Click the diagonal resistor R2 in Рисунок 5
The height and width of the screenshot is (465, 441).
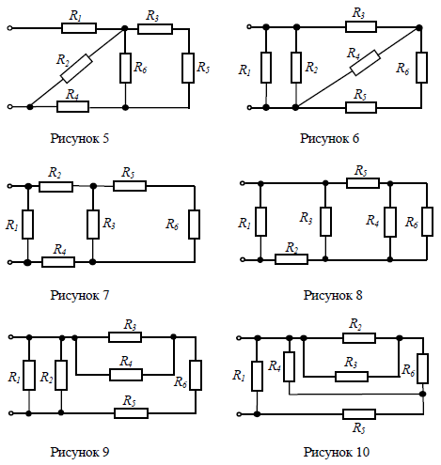click(x=76, y=69)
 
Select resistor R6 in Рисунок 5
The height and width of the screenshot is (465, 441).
click(x=125, y=68)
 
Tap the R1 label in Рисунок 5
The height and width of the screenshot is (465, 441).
click(x=75, y=16)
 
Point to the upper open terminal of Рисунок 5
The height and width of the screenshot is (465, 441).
click(x=9, y=28)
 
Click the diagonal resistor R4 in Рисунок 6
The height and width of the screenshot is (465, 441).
click(x=365, y=63)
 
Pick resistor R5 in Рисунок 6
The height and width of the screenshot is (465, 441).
click(x=361, y=107)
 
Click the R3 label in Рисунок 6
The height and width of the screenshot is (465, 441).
click(x=358, y=13)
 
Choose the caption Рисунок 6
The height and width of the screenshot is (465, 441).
click(x=329, y=138)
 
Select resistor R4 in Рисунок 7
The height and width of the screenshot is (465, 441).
click(x=58, y=262)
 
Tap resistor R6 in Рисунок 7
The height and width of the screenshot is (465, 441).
click(x=195, y=225)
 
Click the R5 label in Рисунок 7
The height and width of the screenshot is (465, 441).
click(x=128, y=173)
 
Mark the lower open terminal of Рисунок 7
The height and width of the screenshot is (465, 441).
click(x=9, y=262)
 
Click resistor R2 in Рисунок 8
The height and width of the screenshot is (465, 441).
click(x=291, y=259)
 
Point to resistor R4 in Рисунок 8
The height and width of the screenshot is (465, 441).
click(x=390, y=222)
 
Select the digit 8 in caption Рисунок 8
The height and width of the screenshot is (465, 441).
click(x=358, y=295)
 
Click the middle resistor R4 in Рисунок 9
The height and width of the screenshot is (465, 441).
click(x=126, y=375)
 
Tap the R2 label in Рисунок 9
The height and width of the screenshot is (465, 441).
click(x=47, y=378)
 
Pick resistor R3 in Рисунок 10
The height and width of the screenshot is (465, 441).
click(x=352, y=377)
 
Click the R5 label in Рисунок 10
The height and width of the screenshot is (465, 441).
click(x=359, y=428)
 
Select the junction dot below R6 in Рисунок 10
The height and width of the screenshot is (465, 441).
click(x=423, y=394)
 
